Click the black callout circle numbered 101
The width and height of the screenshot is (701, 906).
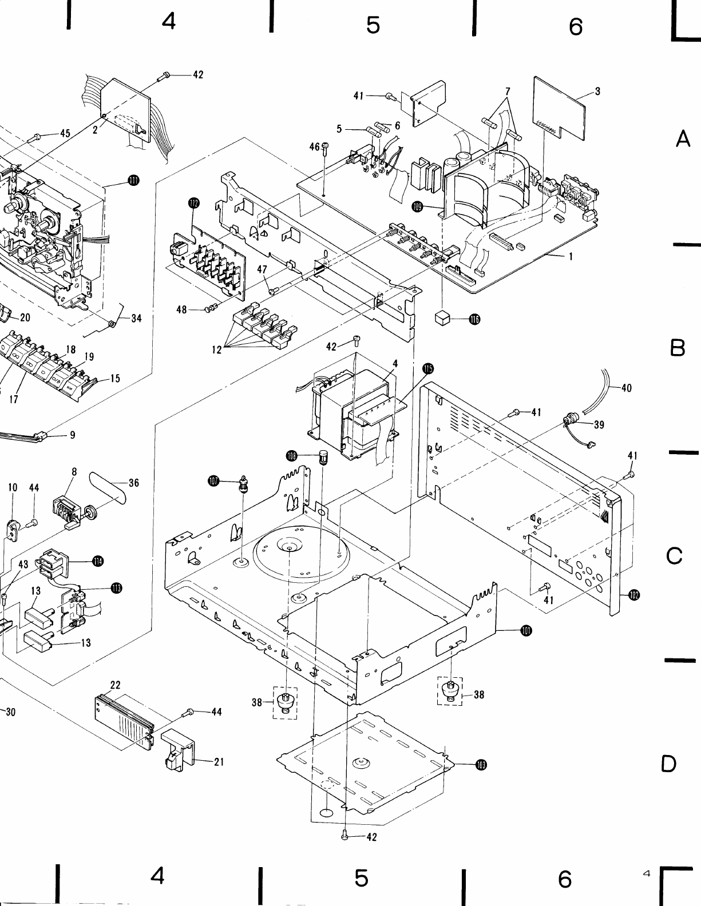coord(526,631)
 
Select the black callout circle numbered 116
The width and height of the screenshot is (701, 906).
coord(474,319)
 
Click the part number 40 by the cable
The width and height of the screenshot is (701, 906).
coord(626,388)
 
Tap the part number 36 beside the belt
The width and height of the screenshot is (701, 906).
coord(134,483)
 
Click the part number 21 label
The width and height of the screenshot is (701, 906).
coord(219,762)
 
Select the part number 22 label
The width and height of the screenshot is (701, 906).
coord(115,685)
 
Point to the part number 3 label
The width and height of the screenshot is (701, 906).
coord(597,92)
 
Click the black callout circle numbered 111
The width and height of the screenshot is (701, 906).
coord(133,181)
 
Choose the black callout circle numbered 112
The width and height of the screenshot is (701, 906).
coord(193,202)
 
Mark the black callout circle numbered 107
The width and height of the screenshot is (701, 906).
coord(213,482)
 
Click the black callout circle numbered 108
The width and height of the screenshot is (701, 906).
coord(292,455)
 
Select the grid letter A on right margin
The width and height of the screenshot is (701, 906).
coord(683,139)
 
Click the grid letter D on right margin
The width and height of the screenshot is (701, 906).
coord(668,764)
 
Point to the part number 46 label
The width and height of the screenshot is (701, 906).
coord(314,147)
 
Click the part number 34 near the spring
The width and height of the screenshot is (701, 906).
coord(136,319)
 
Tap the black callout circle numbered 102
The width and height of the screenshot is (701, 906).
coord(633,595)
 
